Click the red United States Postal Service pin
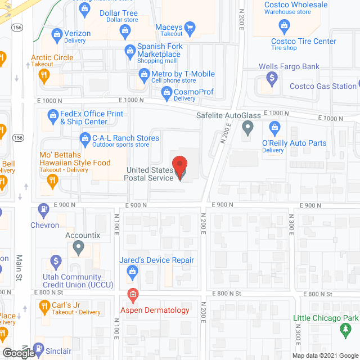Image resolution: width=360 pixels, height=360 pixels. coord(180,168)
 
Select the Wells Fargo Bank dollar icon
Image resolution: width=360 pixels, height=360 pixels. coord(272,79)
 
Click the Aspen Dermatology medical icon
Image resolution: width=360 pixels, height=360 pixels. coord(133,294)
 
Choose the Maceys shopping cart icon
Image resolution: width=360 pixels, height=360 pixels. coord(190,27)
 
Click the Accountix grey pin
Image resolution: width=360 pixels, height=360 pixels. coord(78,246)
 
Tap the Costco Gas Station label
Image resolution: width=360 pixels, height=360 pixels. coord(323,86)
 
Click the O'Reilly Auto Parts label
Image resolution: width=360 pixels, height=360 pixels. coord(294,143)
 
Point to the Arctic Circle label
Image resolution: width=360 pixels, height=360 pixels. coord(52,57)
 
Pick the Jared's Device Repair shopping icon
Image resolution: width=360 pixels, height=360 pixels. coord(133,273)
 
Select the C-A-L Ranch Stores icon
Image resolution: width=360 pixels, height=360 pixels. coord(85,137)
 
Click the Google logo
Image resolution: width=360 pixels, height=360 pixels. coord(18,353)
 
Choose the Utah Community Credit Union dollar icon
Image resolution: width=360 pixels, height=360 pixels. coord(56,262)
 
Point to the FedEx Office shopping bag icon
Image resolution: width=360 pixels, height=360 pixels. coord(53,117)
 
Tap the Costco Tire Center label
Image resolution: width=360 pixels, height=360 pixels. coord(303,41)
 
